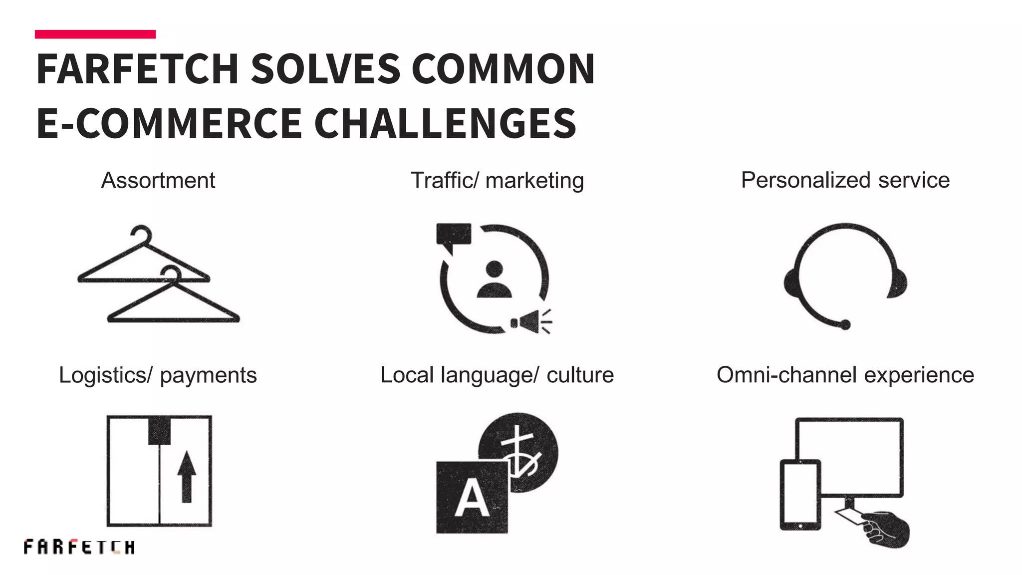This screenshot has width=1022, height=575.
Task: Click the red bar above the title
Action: [95, 34]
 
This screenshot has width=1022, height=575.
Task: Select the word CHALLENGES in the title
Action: [445, 123]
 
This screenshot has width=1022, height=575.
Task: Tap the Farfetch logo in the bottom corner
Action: [79, 547]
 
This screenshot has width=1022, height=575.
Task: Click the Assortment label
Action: [158, 181]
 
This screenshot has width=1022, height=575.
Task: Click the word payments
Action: [208, 375]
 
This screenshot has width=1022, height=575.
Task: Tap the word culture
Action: [580, 375]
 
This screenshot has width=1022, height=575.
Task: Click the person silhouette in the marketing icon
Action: [494, 280]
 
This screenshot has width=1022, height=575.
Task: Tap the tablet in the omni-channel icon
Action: [800, 495]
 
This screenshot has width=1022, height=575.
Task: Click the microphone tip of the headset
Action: [845, 325]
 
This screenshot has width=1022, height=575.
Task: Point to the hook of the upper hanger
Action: [141, 233]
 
